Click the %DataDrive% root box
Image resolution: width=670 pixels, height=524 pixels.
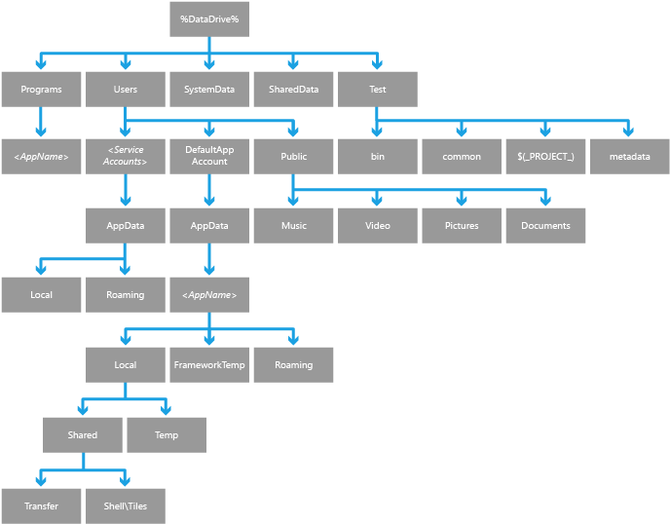[x=208, y=19]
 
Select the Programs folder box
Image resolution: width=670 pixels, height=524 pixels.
[x=41, y=89]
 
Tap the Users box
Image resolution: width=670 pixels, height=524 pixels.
[x=125, y=89]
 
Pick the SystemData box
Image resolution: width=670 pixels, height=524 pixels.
[x=208, y=89]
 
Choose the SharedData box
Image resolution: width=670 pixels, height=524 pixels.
[x=293, y=89]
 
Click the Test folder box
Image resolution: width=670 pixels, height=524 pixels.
[x=378, y=89]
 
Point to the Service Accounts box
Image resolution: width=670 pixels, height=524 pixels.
[x=125, y=156]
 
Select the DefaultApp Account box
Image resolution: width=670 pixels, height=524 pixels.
[x=208, y=156]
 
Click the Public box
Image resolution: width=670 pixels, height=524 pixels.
[x=293, y=156]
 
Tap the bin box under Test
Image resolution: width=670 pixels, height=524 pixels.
[x=378, y=156]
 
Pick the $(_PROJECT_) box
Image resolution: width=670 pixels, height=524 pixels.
[x=545, y=156]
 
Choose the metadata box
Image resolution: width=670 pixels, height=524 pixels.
[x=629, y=156]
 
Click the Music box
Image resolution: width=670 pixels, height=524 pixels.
[x=293, y=225]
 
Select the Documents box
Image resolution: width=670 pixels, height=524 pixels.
[x=545, y=225]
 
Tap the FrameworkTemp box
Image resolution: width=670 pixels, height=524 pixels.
[x=208, y=364]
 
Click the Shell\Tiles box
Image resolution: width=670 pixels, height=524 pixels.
[x=125, y=505]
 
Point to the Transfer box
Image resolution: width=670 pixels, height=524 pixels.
[x=41, y=505]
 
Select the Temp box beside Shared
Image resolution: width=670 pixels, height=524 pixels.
[x=167, y=434]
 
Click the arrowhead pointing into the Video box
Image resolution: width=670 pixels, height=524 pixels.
[x=378, y=201]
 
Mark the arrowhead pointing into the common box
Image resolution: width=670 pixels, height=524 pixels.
[x=462, y=131]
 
